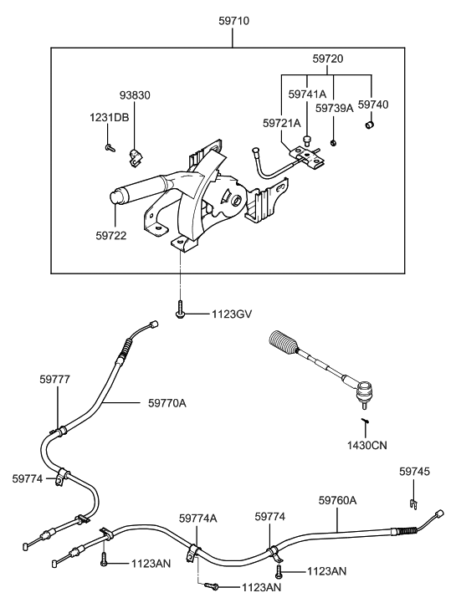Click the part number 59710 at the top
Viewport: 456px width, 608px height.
tap(233, 21)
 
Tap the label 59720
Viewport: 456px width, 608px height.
tap(328, 59)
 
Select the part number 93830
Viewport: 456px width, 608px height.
tap(135, 95)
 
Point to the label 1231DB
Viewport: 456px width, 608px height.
tap(110, 117)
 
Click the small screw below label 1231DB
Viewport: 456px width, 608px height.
tap(110, 147)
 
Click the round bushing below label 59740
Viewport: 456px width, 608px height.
tap(370, 125)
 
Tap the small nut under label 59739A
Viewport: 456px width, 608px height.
tap(333, 143)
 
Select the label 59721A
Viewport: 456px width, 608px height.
tap(282, 123)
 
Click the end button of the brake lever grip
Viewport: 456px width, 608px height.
tap(116, 197)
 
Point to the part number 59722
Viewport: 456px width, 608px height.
tap(111, 235)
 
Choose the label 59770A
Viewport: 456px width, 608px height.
tap(167, 403)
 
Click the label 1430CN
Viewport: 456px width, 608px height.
tap(367, 445)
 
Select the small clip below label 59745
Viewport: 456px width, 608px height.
tap(413, 503)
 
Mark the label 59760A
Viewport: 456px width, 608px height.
tap(338, 500)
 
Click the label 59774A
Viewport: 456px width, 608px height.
tap(198, 519)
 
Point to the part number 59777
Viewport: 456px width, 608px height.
tap(54, 379)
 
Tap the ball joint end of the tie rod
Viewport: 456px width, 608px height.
tap(364, 392)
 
